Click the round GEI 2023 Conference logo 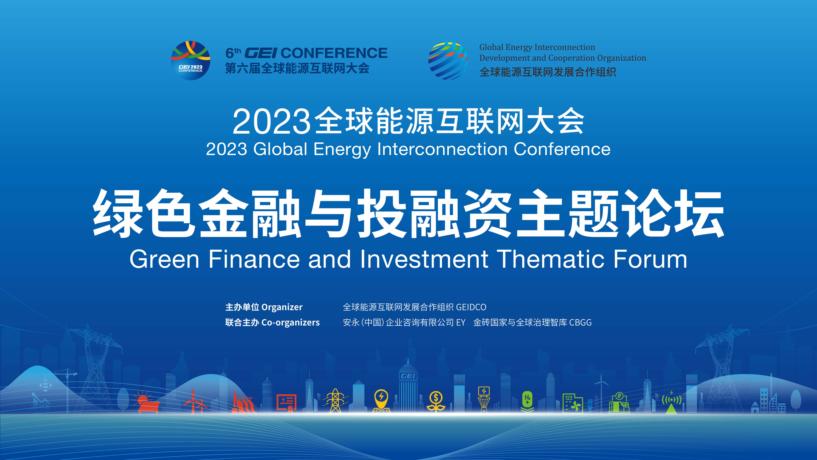coord(191,60)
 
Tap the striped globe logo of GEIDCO coord(448,60)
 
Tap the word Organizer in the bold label coord(282,307)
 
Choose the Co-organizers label coord(291,322)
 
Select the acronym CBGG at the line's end coord(580,322)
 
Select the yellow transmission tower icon coord(335,401)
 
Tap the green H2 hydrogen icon coord(527,402)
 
